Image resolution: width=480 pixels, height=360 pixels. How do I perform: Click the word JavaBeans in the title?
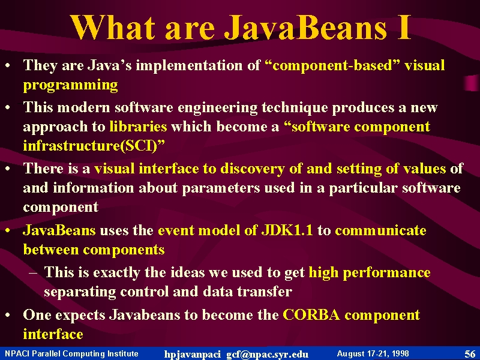[305, 28]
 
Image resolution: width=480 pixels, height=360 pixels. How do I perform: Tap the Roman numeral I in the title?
[404, 28]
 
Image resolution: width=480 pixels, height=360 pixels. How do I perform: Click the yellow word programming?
[70, 85]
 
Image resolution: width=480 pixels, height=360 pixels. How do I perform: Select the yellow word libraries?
[139, 126]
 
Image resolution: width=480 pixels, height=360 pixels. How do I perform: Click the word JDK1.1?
[287, 230]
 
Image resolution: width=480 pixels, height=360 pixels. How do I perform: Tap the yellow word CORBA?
[311, 314]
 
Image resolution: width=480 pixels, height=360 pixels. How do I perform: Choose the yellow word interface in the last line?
[53, 334]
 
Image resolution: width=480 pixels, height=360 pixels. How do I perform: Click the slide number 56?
[470, 354]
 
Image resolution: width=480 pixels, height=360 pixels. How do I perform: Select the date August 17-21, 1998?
[373, 354]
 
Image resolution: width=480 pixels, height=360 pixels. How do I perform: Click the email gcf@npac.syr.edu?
[267, 355]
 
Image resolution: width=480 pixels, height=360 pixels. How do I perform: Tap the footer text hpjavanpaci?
[192, 355]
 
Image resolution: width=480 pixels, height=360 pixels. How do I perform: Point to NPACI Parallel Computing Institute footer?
[71, 354]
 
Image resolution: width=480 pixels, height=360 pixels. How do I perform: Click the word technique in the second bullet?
[295, 108]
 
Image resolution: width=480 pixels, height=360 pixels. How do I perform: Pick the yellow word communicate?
[380, 230]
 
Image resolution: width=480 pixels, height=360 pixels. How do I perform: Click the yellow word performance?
[386, 272]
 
